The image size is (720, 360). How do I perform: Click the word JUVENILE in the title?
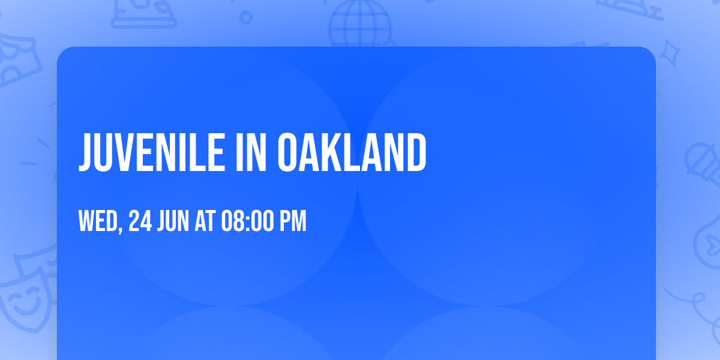(151, 152)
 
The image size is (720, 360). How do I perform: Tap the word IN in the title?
(251, 152)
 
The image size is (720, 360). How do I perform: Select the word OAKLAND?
(352, 152)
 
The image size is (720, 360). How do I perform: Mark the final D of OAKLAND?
(416, 152)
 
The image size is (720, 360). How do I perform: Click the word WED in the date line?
(98, 221)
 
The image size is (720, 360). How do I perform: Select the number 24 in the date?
(140, 221)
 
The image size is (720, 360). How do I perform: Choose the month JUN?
(173, 221)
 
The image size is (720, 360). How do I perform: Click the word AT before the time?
(205, 221)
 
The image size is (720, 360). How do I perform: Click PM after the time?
(293, 221)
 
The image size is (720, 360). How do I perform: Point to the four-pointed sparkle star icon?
(669, 53)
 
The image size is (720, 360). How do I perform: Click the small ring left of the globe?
(246, 17)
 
